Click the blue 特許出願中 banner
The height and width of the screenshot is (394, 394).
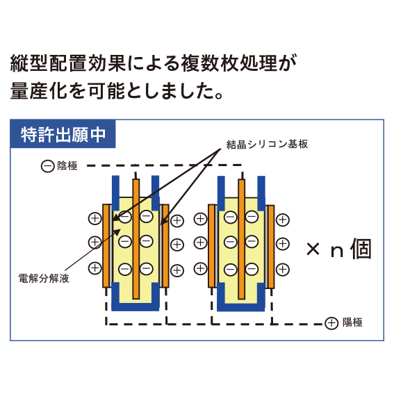click(63, 134)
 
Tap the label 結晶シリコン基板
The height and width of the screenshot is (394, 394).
click(267, 145)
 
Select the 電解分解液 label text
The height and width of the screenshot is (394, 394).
click(44, 279)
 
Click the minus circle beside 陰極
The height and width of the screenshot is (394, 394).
click(47, 166)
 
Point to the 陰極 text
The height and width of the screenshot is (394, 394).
click(67, 166)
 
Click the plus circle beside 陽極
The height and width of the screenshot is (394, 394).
click(331, 323)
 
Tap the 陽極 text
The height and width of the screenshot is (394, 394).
click(352, 322)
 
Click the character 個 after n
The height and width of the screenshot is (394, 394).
click(361, 249)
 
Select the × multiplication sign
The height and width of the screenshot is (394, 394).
click(313, 249)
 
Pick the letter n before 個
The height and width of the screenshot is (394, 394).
click(337, 252)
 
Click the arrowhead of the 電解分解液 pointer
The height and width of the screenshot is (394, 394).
click(117, 232)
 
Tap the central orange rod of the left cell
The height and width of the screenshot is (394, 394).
click(136, 239)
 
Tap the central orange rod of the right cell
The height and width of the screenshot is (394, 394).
click(242, 239)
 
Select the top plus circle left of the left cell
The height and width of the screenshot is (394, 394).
click(95, 219)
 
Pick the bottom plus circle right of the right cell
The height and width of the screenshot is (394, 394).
click(283, 270)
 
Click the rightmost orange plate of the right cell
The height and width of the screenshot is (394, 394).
click(271, 247)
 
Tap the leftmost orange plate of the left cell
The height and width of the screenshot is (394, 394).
click(106, 246)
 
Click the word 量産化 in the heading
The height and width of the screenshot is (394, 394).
click(39, 91)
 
